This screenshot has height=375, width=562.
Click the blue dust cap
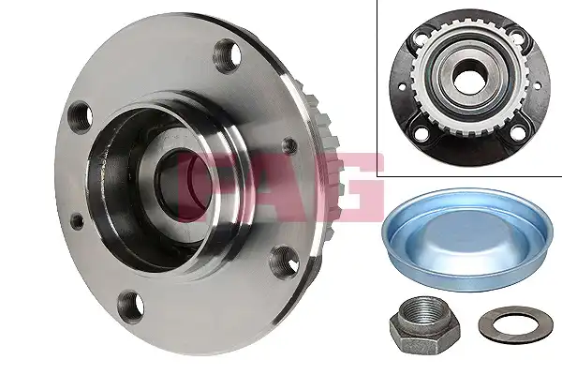point(465,239)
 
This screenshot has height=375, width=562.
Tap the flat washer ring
point(506,326)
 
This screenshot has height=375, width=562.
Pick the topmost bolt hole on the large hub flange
point(229,55)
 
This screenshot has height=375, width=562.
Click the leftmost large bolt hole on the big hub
point(80,118)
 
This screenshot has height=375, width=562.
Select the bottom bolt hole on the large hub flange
point(130,307)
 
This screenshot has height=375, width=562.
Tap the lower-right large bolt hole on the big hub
point(285,260)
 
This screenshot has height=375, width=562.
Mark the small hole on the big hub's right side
point(289,145)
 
